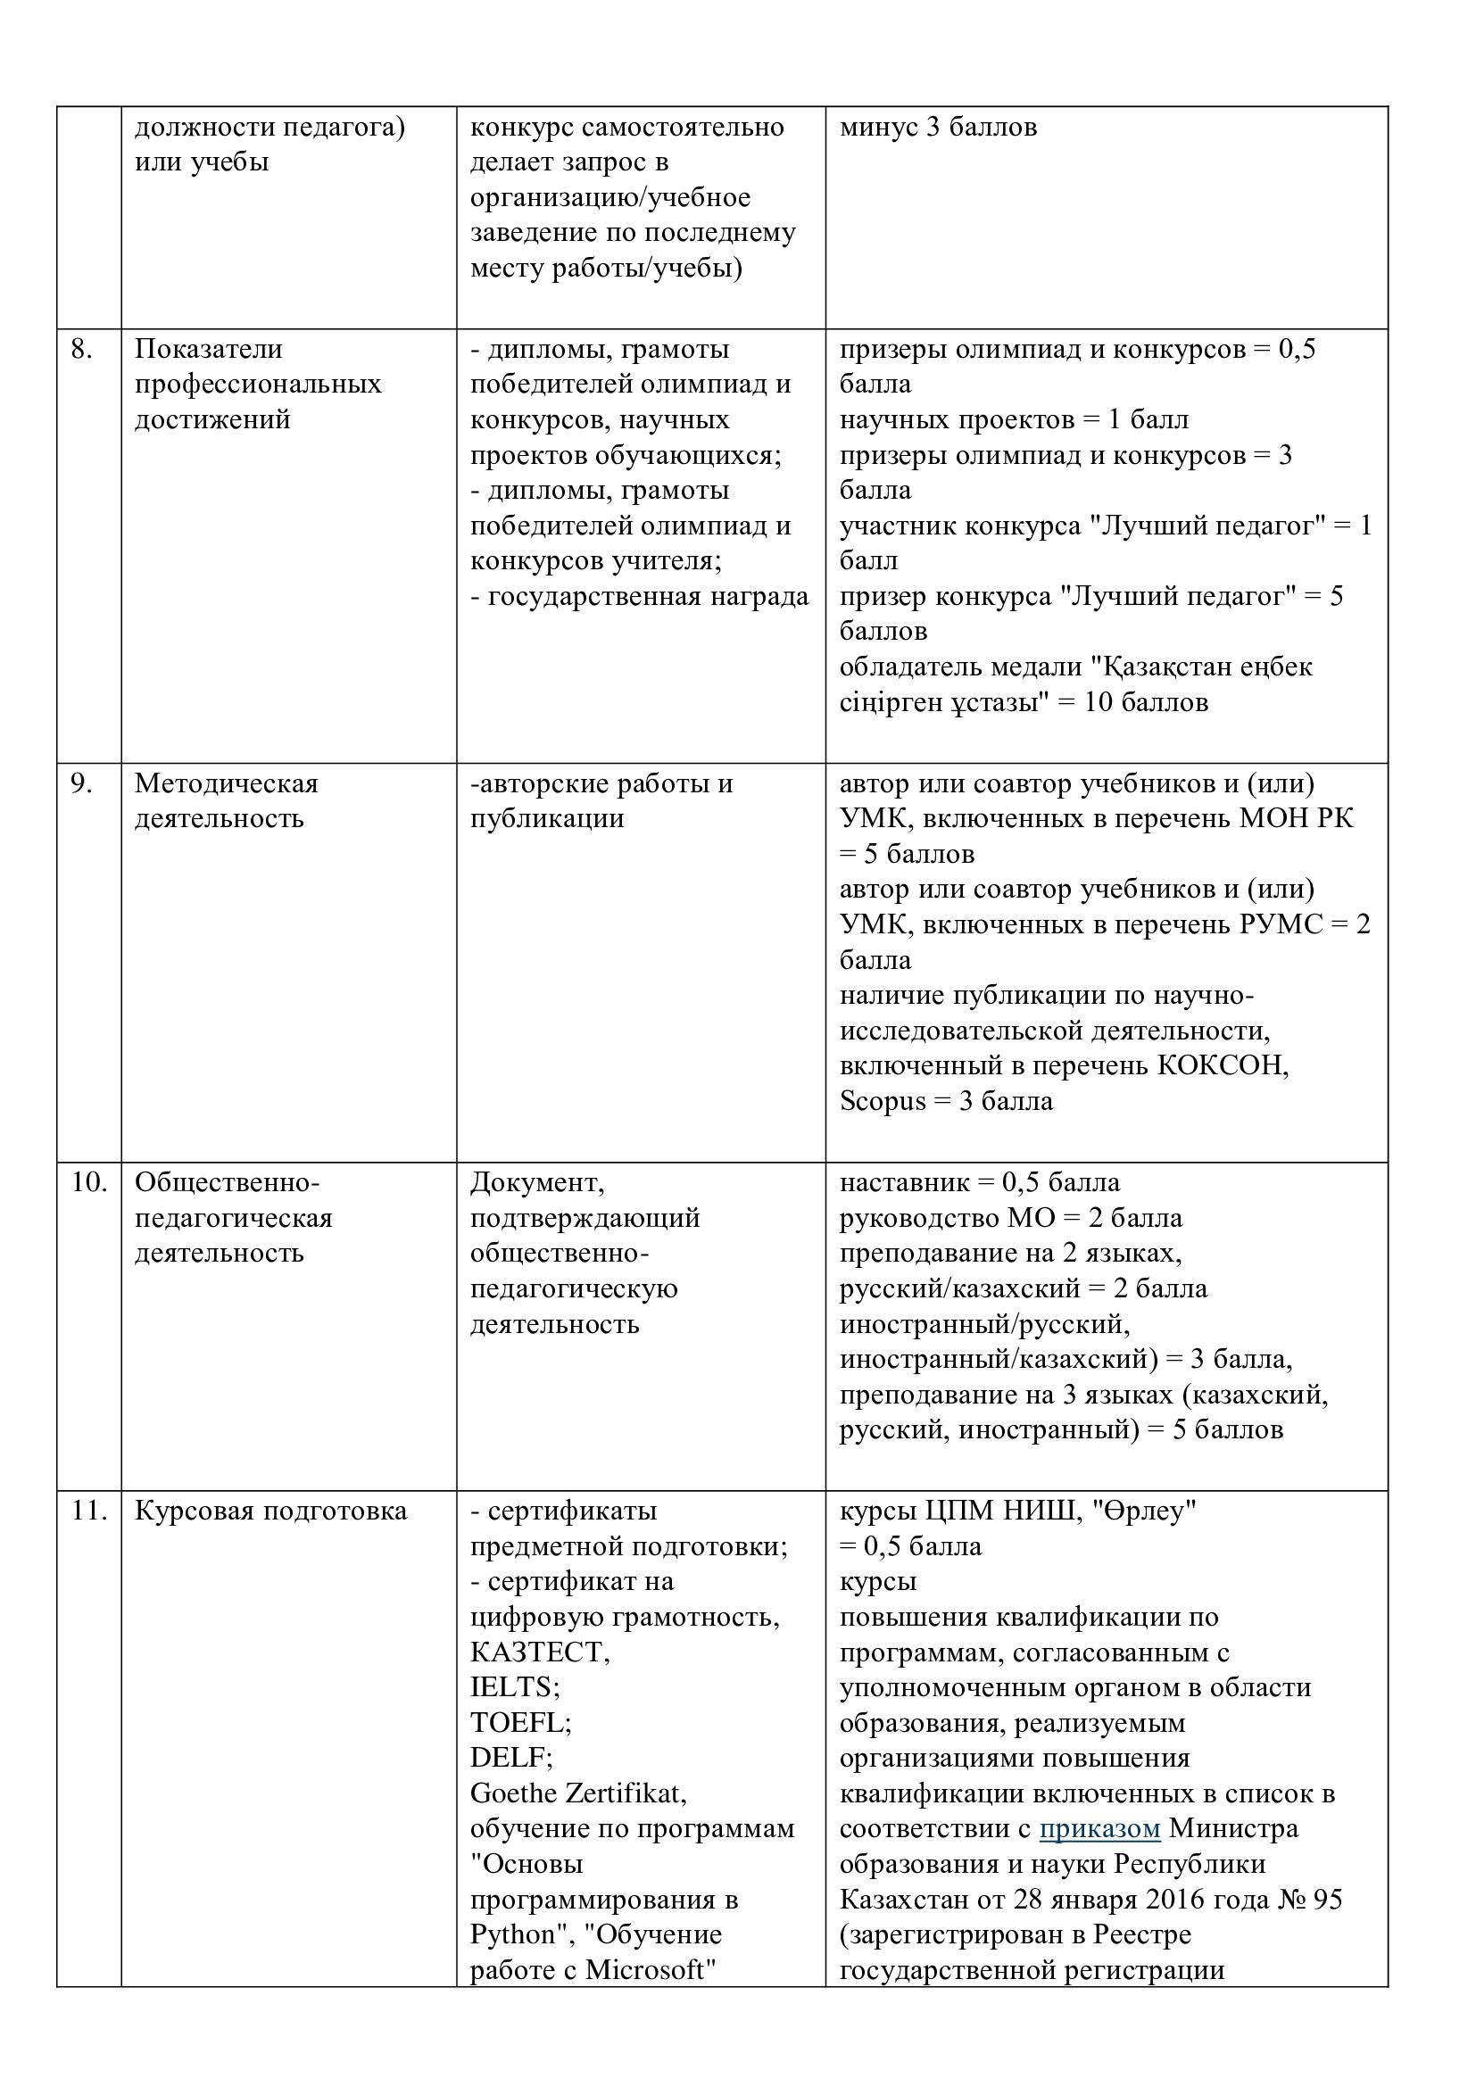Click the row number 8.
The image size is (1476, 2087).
[x=81, y=350]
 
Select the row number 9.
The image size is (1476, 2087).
[x=81, y=783]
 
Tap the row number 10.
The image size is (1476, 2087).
[x=88, y=1182]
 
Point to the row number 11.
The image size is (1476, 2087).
[x=88, y=1511]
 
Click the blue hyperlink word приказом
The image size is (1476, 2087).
[x=1099, y=1829]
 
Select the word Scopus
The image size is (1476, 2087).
[x=883, y=1102]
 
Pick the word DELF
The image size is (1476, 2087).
[x=510, y=1758]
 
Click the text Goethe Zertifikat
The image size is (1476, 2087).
[x=578, y=1793]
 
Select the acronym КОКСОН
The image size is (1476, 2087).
[x=1223, y=1065]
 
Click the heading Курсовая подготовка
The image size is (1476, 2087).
[x=271, y=1511]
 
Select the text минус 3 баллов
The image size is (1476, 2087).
[x=938, y=128]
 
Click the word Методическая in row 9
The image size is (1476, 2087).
[x=227, y=783]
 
